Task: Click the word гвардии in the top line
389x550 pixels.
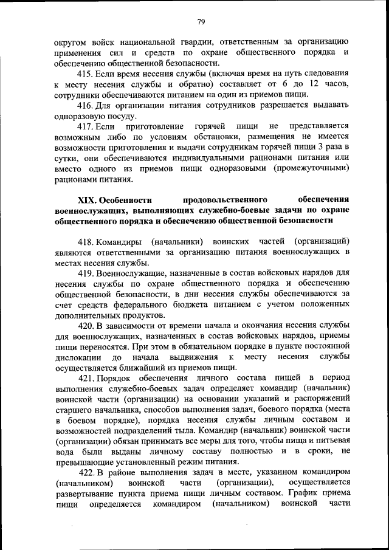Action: (191, 41)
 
